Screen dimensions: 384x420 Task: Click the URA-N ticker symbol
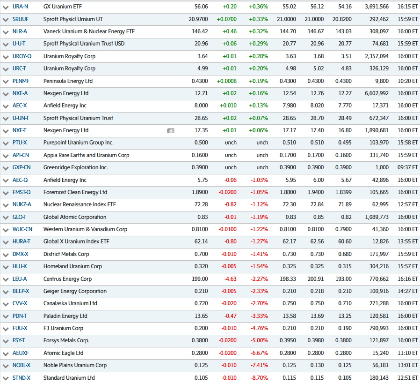pos(20,7)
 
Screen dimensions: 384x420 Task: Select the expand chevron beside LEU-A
pos(6,279)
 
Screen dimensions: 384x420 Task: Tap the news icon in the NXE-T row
pos(171,130)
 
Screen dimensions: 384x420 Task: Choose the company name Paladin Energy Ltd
pos(65,316)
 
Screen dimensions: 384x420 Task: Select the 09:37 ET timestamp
pos(407,167)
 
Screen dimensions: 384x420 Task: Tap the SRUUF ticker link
pos(21,19)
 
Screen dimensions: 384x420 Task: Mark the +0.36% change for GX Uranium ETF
pos(259,7)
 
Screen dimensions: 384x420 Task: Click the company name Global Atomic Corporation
pos(75,217)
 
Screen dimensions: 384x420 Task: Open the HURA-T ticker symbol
pos(22,241)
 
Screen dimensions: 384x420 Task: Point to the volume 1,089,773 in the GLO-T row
pos(377,217)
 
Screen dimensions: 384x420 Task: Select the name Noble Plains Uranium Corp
pos(75,365)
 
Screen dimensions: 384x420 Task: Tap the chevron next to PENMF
pos(6,81)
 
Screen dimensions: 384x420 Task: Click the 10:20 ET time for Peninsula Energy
pos(407,81)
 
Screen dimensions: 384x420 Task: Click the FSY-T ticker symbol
pos(19,340)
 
